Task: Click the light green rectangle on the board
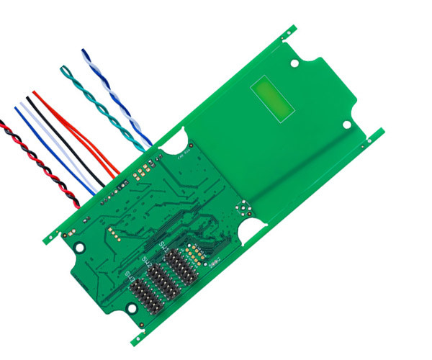point(274,98)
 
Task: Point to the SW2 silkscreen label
point(145,262)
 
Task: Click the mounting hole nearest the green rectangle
point(294,63)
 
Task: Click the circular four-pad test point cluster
point(245,209)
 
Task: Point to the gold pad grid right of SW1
point(194,252)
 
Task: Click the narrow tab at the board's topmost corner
point(289,32)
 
